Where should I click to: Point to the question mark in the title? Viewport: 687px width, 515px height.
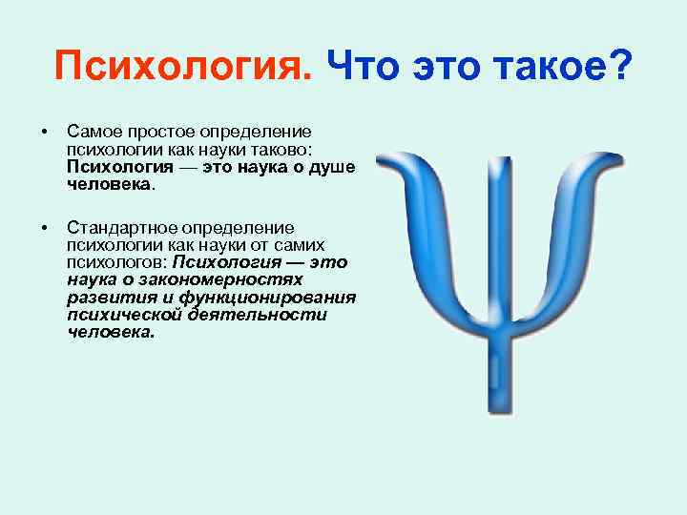[621, 67]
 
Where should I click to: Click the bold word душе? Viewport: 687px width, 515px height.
[335, 167]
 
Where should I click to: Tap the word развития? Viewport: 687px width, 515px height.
[107, 297]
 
